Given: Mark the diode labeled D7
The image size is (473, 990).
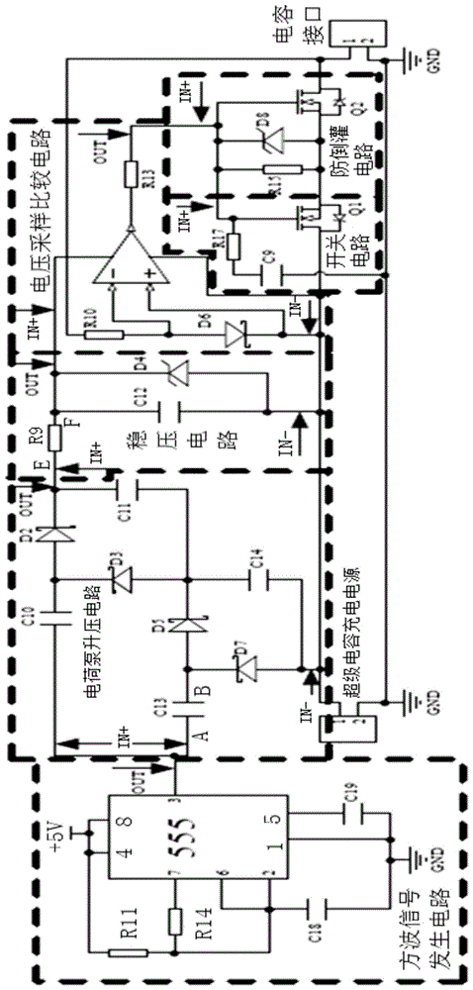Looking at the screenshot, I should coord(239,673).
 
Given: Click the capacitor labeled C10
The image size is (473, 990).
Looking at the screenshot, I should coord(55,622).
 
